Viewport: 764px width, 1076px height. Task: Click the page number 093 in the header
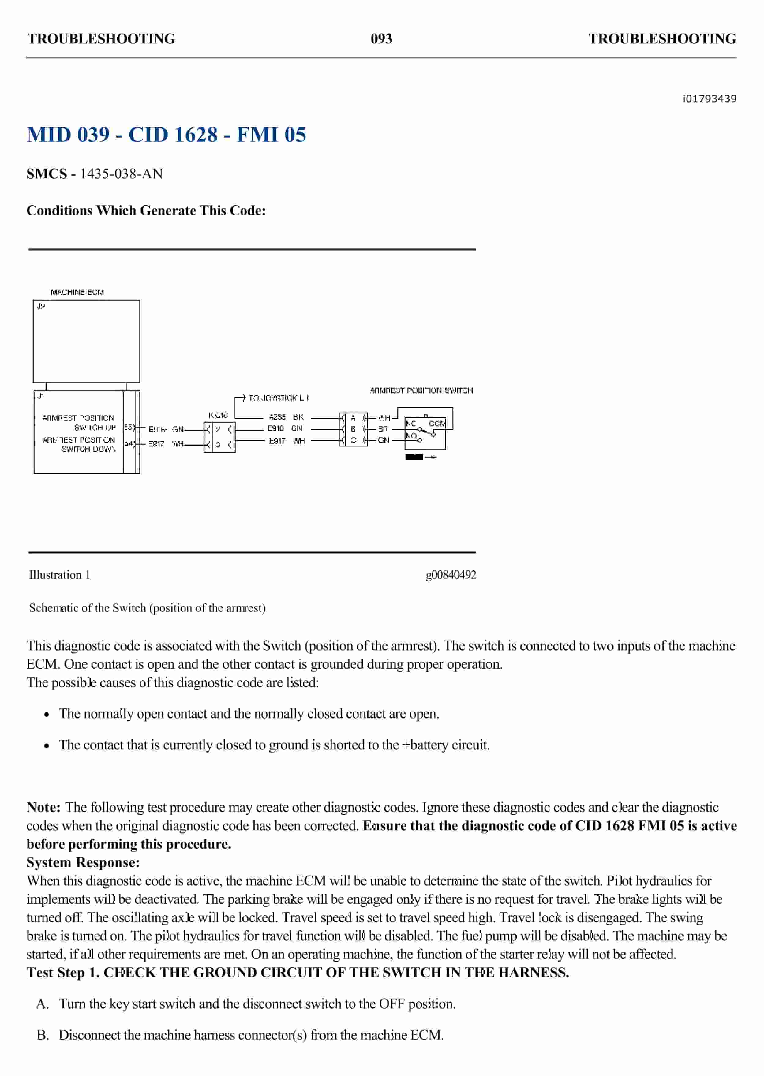tap(381, 39)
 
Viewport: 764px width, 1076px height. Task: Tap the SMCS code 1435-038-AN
tap(121, 174)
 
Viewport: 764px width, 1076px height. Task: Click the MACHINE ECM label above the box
tap(77, 292)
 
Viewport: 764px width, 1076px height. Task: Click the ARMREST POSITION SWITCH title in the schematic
tap(421, 390)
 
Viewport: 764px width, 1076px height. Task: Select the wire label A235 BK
tap(286, 417)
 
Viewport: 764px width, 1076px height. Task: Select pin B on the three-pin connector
tap(353, 429)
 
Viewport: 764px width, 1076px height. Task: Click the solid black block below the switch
tap(414, 457)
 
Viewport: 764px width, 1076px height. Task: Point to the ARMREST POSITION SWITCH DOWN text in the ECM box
tap(79, 444)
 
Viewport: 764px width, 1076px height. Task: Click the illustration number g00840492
tap(451, 575)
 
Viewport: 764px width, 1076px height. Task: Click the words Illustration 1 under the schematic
tap(59, 575)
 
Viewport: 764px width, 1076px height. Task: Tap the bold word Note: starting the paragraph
tap(43, 808)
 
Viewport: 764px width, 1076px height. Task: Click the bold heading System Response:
tap(83, 862)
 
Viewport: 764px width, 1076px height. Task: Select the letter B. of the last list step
tap(43, 1035)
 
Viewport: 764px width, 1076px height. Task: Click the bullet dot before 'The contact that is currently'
tap(47, 746)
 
